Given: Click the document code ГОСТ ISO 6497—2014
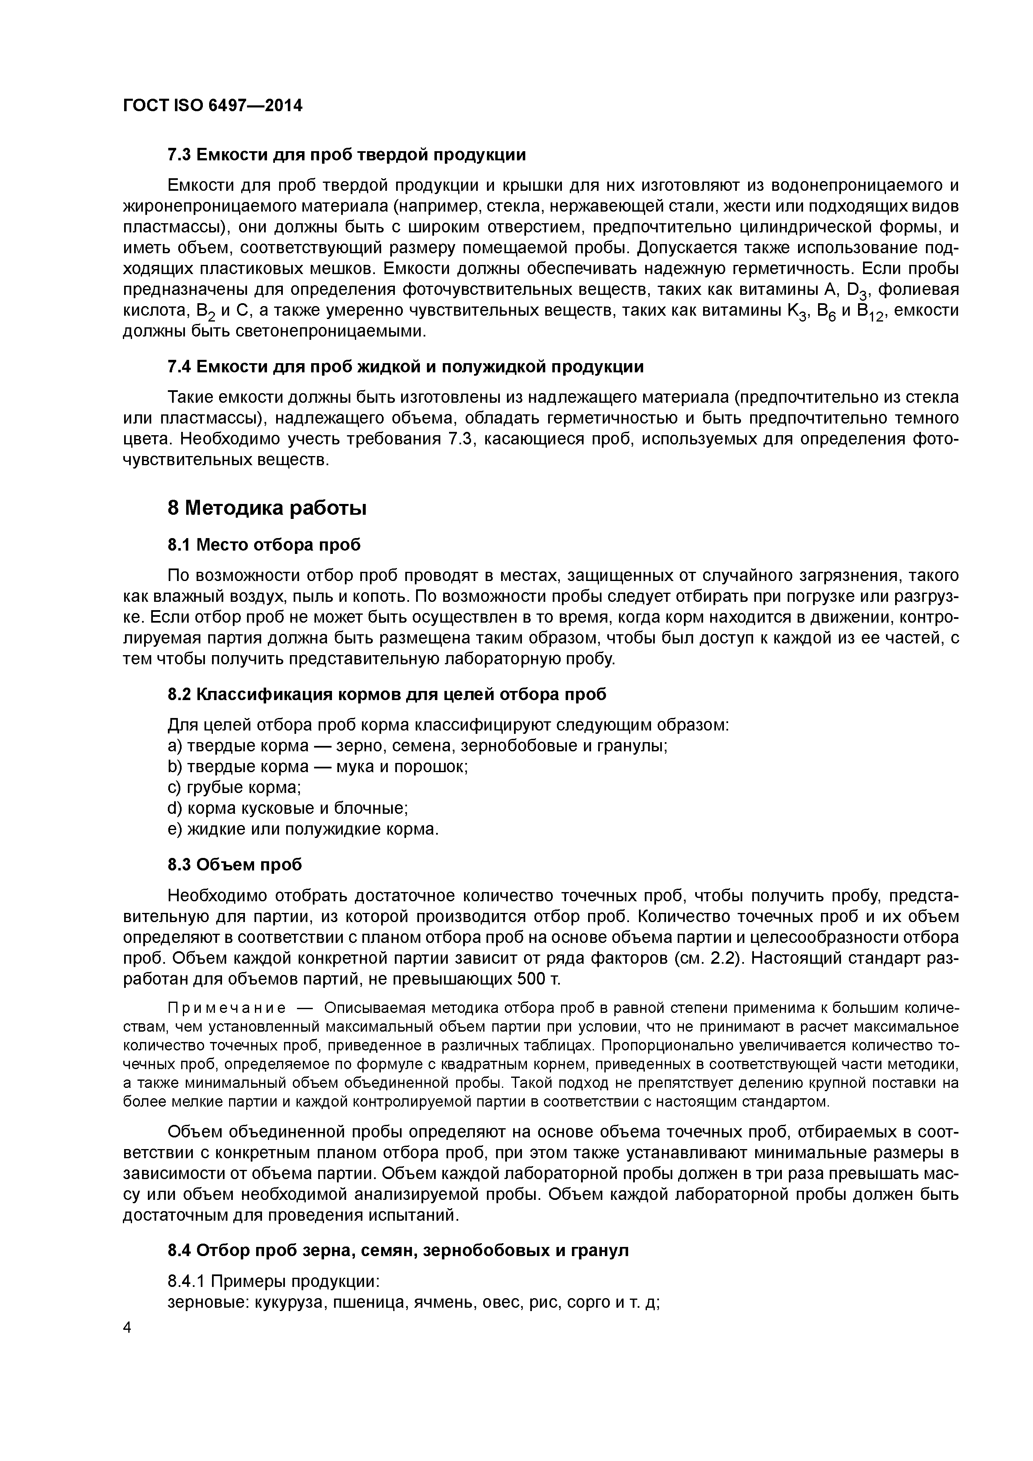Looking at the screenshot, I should pyautogui.click(x=212, y=105).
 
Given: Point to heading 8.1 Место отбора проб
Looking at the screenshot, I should pyautogui.click(x=264, y=545).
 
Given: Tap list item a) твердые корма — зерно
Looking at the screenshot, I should pyautogui.click(x=417, y=746).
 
